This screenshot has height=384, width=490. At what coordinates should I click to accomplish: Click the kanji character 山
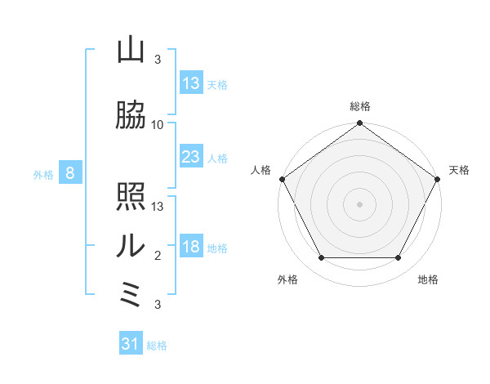pyautogui.click(x=131, y=51)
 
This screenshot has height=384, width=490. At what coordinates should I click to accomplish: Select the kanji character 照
pyautogui.click(x=131, y=197)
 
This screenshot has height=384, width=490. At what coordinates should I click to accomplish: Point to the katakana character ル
pyautogui.click(x=131, y=245)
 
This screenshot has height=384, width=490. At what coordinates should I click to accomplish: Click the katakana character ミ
pyautogui.click(x=131, y=294)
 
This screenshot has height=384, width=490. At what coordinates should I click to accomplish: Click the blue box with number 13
pyautogui.click(x=191, y=83)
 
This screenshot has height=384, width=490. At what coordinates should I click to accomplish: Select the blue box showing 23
pyautogui.click(x=191, y=157)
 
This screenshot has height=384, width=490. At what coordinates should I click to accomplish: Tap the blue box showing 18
pyautogui.click(x=191, y=248)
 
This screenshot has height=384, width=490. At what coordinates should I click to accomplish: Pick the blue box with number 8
pyautogui.click(x=70, y=173)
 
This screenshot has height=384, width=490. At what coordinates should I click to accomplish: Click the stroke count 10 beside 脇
pyautogui.click(x=158, y=124)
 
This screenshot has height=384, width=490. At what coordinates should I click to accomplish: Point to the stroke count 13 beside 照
pyautogui.click(x=158, y=206)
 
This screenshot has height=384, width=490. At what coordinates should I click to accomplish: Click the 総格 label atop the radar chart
pyautogui.click(x=360, y=106)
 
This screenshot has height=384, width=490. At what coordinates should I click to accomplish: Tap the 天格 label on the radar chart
pyautogui.click(x=460, y=170)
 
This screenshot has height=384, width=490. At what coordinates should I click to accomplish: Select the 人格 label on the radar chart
pyautogui.click(x=261, y=170)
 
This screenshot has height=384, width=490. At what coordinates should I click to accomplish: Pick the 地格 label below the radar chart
pyautogui.click(x=428, y=279)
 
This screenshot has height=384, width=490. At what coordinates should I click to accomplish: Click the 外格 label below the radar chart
pyautogui.click(x=287, y=279)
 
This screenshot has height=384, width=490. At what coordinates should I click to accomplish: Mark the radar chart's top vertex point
pyautogui.click(x=360, y=124)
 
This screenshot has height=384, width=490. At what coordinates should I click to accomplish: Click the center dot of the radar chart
pyautogui.click(x=360, y=203)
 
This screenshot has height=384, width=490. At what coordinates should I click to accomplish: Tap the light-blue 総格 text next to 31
pyautogui.click(x=157, y=346)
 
